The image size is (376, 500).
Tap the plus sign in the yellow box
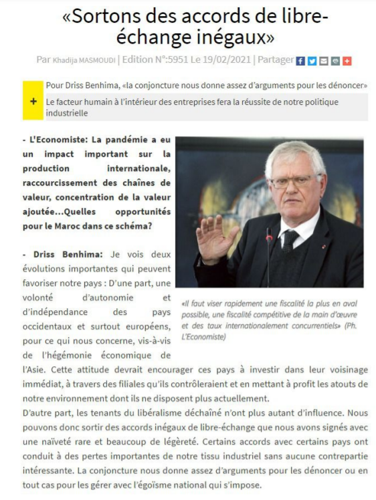pos(33,101)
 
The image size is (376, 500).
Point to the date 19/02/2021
pos(226,60)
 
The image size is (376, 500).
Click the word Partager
pos(276,60)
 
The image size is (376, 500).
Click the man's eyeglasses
pos(292,182)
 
